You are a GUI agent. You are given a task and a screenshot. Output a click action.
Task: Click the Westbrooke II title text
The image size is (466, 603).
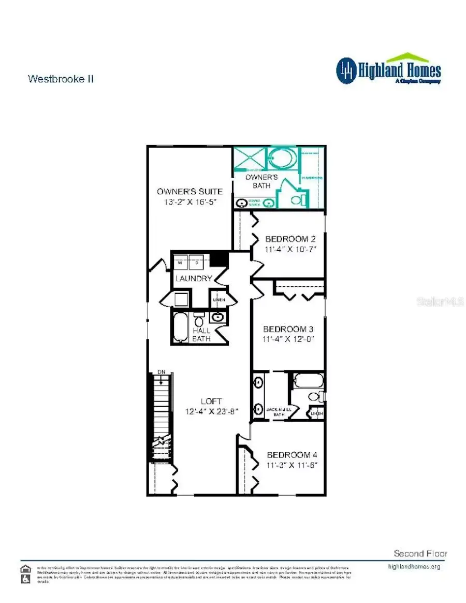61,79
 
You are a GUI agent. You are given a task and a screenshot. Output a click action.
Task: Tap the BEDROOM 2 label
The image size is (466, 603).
290,239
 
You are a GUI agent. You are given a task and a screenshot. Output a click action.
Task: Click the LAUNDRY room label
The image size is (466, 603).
194,279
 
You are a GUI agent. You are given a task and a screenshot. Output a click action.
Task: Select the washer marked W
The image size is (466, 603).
180,263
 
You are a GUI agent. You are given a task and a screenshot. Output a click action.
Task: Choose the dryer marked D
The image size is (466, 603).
197,263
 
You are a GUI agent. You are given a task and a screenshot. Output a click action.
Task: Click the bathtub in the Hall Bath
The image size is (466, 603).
180,327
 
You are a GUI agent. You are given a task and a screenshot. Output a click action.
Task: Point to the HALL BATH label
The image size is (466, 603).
201,335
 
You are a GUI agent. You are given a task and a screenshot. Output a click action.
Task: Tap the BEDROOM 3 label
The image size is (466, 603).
288,329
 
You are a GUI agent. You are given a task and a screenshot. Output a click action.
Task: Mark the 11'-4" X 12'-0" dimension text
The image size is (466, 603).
288,339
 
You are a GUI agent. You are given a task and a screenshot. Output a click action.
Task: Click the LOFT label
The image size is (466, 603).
211,401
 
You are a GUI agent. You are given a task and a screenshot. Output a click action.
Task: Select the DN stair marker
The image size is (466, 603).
162,372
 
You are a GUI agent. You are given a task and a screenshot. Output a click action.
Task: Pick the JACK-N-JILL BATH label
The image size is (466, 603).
280,412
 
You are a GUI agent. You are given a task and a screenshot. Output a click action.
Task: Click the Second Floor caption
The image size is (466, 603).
420,553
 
